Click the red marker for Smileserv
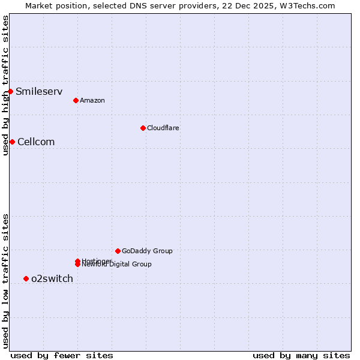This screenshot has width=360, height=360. click(x=10, y=91)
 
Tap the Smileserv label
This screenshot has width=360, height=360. click(x=39, y=92)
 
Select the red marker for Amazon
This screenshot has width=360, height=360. click(x=76, y=100)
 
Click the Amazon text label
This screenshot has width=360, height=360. click(x=92, y=101)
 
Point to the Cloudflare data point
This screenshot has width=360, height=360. click(x=143, y=128)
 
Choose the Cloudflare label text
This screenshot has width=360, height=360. click(x=163, y=128)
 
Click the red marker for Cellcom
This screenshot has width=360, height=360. click(x=12, y=142)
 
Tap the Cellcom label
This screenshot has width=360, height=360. click(x=36, y=142)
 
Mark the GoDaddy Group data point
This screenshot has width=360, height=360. click(x=118, y=251)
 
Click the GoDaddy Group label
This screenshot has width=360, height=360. click(x=147, y=251)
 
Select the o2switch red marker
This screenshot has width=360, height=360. click(x=26, y=278)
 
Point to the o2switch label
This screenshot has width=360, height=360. click(x=52, y=279)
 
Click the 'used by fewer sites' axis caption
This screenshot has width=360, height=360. click(x=62, y=356)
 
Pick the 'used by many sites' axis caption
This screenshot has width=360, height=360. click(x=301, y=356)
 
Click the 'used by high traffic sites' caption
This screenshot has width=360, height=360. click(x=5, y=86)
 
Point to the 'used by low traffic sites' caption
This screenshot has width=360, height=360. click(x=5, y=281)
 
